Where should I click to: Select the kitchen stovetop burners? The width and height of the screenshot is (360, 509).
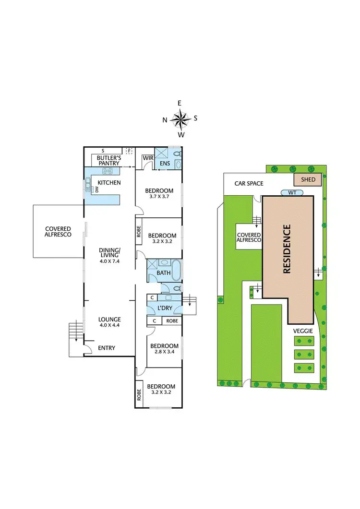107,171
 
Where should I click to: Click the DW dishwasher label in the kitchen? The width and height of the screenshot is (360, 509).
96,189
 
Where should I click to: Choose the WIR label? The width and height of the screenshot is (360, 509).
147,158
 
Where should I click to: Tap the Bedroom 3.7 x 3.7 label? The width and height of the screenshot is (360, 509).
159,193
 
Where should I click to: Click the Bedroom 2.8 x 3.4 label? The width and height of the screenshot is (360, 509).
164,349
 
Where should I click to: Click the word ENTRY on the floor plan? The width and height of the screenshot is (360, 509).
106,348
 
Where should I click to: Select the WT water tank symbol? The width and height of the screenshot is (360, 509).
292,192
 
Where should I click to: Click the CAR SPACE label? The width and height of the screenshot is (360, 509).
249,183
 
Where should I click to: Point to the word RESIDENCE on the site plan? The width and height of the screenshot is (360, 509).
287,249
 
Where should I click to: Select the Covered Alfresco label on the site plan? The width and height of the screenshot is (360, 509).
249,237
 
